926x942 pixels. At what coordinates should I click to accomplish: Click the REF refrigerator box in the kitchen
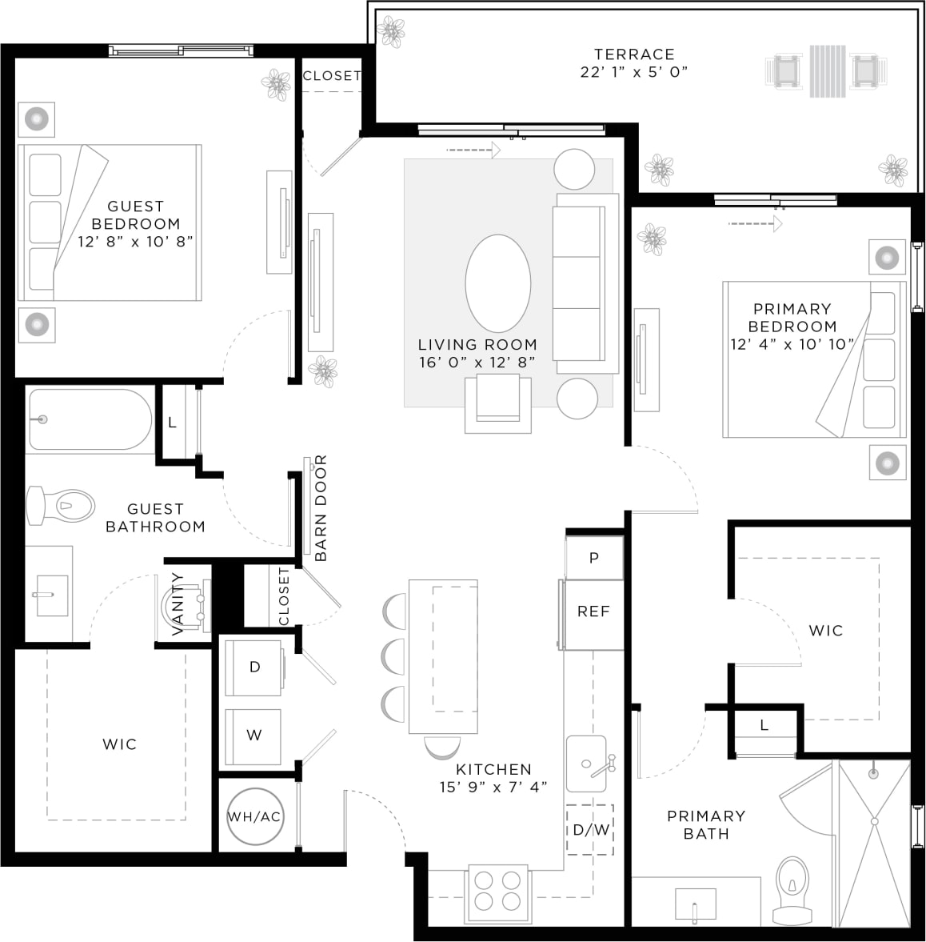[x=593, y=612]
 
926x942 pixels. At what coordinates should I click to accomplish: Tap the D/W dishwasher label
[x=591, y=830]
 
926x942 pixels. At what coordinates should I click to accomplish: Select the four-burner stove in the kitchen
[x=497, y=890]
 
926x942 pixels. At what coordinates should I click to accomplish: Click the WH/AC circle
[x=254, y=817]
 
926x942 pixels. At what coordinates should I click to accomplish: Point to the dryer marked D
[x=254, y=667]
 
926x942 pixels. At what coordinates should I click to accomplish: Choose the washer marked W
[x=253, y=736]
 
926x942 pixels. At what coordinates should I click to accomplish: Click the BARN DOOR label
[x=320, y=508]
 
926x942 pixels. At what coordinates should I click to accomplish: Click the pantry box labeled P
[x=593, y=558]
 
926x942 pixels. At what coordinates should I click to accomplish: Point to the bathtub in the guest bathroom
[x=89, y=419]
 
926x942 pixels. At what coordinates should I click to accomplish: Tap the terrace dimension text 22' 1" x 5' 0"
[x=634, y=72]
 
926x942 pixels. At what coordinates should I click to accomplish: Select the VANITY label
[x=178, y=604]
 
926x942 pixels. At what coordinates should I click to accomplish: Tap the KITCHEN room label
[x=493, y=769]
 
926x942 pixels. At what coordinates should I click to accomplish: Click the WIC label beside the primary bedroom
[x=825, y=631]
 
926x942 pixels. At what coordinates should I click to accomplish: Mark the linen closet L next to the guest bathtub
[x=172, y=422]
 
